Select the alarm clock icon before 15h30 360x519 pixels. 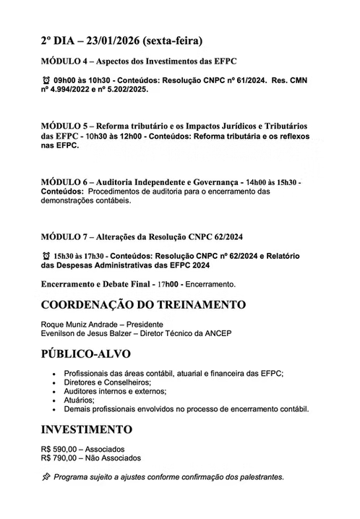coord(47,256)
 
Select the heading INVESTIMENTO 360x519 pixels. coord(87,430)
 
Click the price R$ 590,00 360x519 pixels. coord(64,448)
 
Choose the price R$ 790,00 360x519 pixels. coord(64,458)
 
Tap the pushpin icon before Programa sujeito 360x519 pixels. coord(47,477)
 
